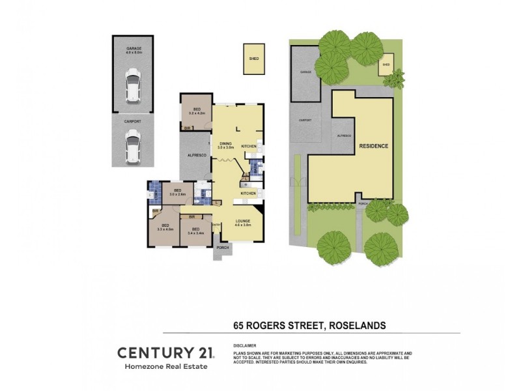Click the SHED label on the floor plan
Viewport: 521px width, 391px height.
pos(253,58)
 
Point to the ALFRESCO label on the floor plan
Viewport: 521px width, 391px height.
pos(197,155)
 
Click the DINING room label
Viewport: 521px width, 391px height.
pos(226,145)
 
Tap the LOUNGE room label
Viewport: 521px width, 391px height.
pos(243,222)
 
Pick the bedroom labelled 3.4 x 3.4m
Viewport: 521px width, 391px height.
pos(196,230)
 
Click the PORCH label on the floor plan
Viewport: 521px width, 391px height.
pos(223,246)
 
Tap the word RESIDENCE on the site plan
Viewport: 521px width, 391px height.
pos(374,146)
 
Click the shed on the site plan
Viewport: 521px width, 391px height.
pos(386,65)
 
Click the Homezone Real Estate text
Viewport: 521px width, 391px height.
pos(165,368)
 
